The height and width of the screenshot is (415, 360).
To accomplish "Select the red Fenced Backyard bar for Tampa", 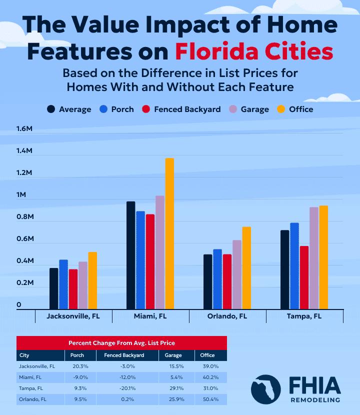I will coord(304,277).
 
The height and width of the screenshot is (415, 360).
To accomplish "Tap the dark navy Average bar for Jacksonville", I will coord(53,288).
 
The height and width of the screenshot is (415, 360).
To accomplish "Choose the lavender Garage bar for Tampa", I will coord(313,258).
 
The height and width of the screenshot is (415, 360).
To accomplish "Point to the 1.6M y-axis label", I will coord(24,129).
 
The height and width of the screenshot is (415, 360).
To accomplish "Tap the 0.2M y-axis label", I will coord(24,283).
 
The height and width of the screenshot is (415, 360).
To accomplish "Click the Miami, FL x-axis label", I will coord(150,316).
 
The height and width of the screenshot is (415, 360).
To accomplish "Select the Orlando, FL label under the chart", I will coord(227,316).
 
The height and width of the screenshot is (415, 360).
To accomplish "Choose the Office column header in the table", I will coord(207,355).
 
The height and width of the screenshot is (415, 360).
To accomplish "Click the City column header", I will coord(24,355).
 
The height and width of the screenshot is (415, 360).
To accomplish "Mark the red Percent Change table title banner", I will coord(121,343).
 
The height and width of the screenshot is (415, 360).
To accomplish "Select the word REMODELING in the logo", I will coord(315,400).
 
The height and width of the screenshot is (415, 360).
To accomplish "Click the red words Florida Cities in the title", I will coord(254,51).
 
